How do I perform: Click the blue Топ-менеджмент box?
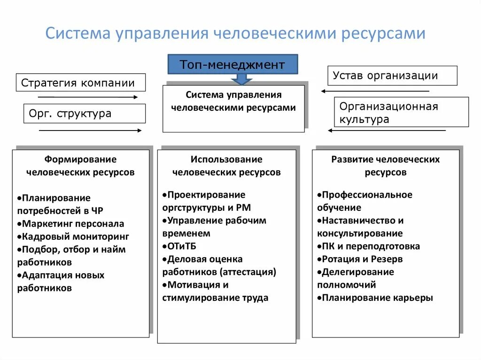point(233,64)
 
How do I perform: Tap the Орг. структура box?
point(85,114)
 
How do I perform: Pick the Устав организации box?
point(392,76)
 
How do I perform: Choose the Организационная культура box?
point(401,112)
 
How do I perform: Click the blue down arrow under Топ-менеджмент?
point(241,79)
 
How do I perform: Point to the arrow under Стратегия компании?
point(88,97)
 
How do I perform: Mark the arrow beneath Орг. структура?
point(90,130)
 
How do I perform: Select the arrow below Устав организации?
point(375,91)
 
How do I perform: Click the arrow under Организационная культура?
point(386,130)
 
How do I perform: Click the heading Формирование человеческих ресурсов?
point(81,166)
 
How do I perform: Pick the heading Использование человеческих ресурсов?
point(226,166)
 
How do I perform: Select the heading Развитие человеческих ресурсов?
point(386,166)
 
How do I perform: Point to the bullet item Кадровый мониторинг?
point(75,237)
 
